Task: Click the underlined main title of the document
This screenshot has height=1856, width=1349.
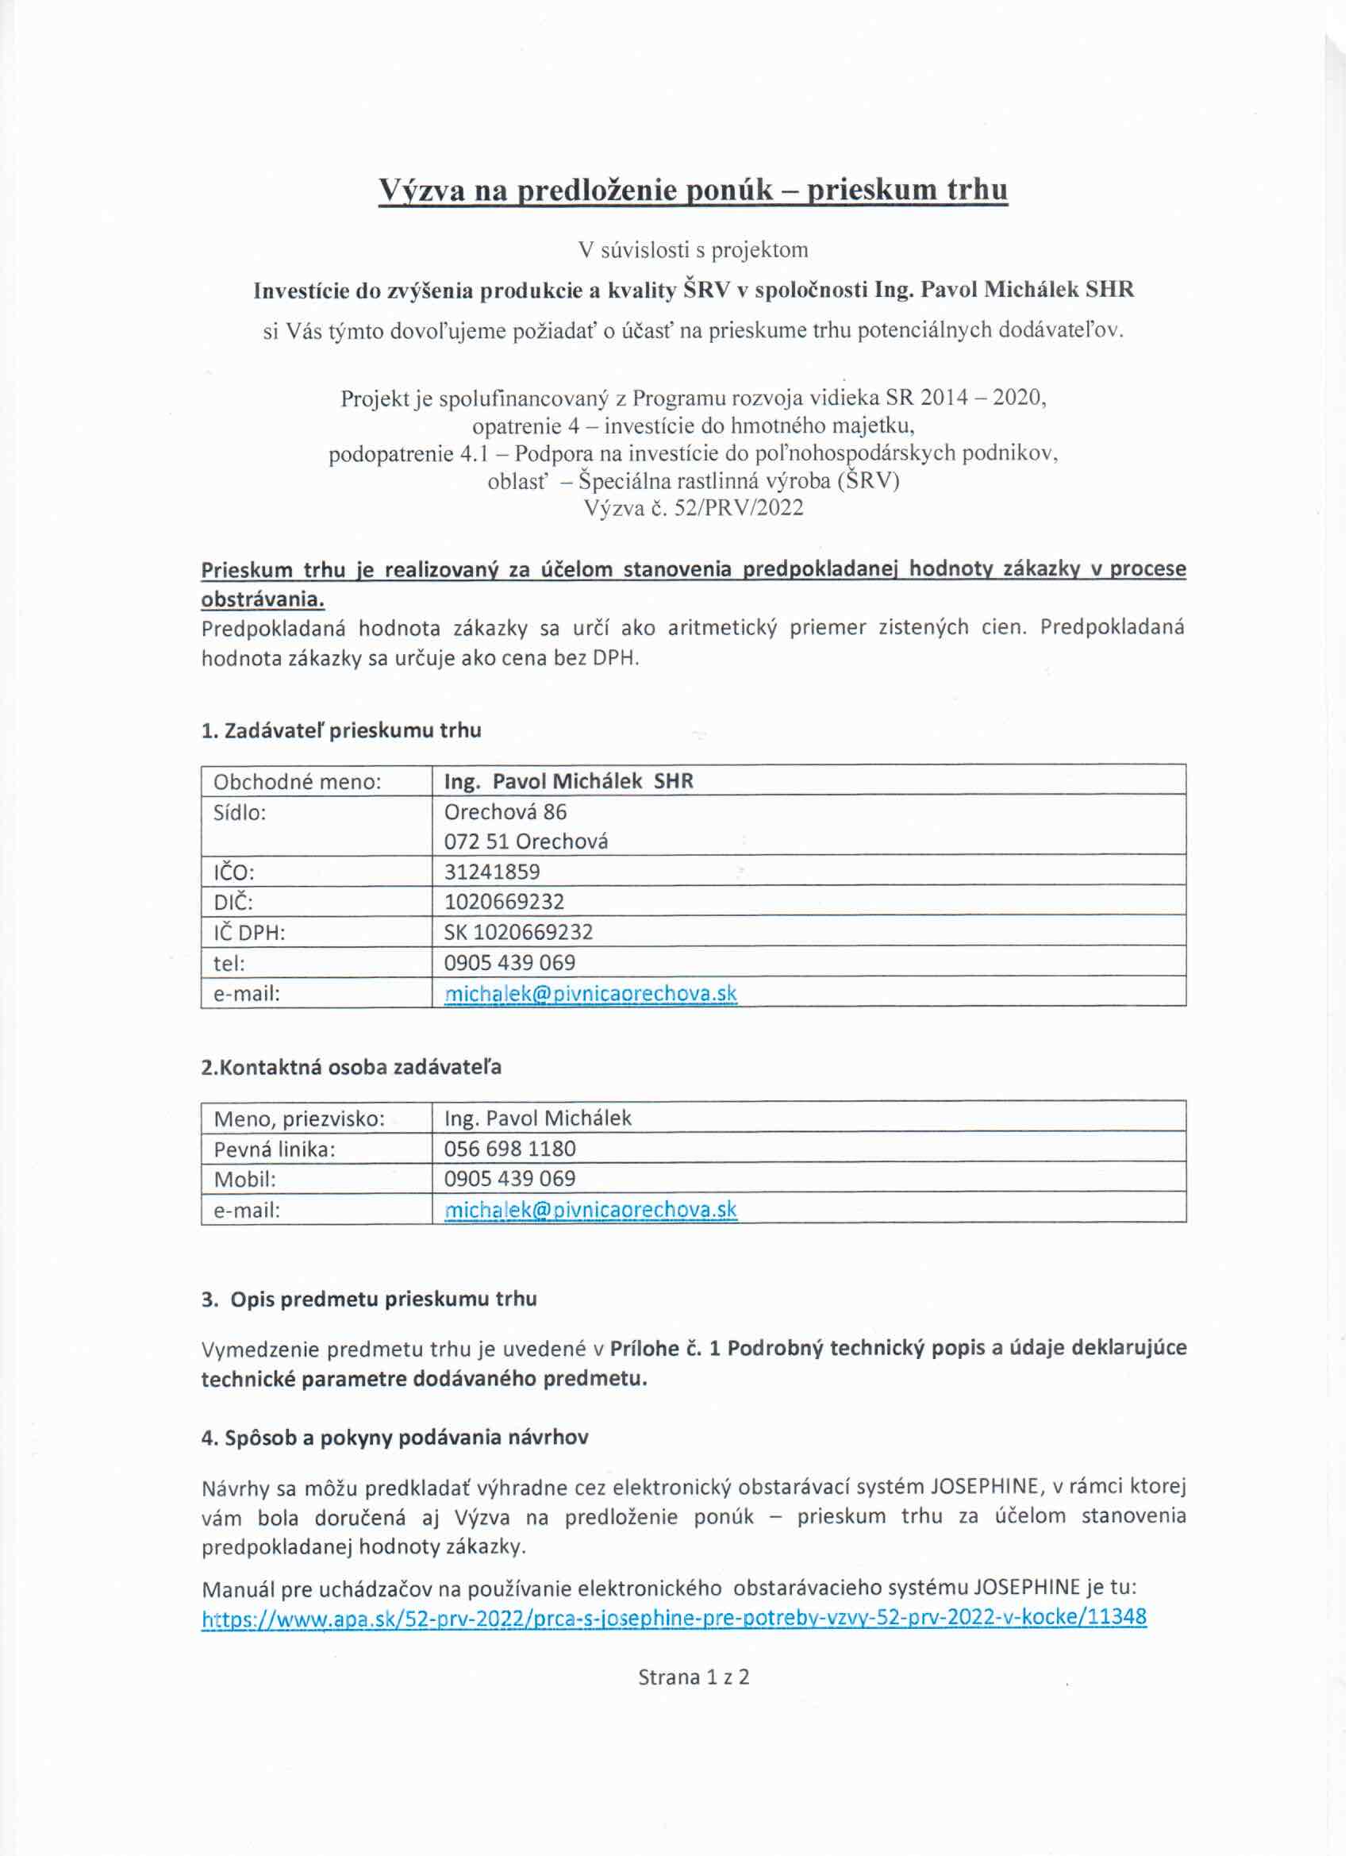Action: (x=693, y=190)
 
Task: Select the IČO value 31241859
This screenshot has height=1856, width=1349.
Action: (x=492, y=872)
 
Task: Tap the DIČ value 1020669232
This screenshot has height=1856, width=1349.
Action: (x=504, y=902)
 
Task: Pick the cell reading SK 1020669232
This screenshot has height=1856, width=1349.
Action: (x=518, y=932)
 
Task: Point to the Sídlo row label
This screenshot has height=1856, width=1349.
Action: (x=240, y=813)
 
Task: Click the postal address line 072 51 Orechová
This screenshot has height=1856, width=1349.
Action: (x=526, y=842)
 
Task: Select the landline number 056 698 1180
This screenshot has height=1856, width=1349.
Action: (x=509, y=1149)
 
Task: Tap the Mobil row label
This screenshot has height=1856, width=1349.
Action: (x=244, y=1179)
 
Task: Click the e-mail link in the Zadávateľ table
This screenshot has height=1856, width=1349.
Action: (x=590, y=994)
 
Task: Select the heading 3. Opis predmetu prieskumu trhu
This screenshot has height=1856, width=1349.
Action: (x=369, y=1300)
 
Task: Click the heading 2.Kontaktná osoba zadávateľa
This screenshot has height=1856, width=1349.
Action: (x=351, y=1067)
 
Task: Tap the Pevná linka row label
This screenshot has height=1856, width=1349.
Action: (x=274, y=1149)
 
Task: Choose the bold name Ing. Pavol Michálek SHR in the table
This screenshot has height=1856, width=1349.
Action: (x=568, y=781)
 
